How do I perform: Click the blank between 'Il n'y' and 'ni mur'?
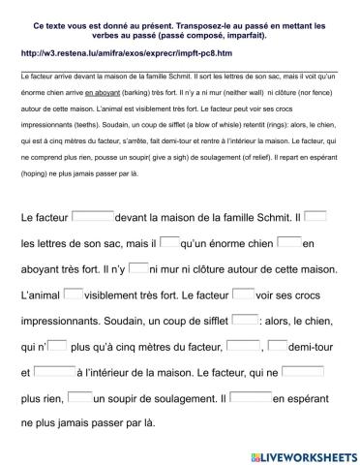pos(138,267)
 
